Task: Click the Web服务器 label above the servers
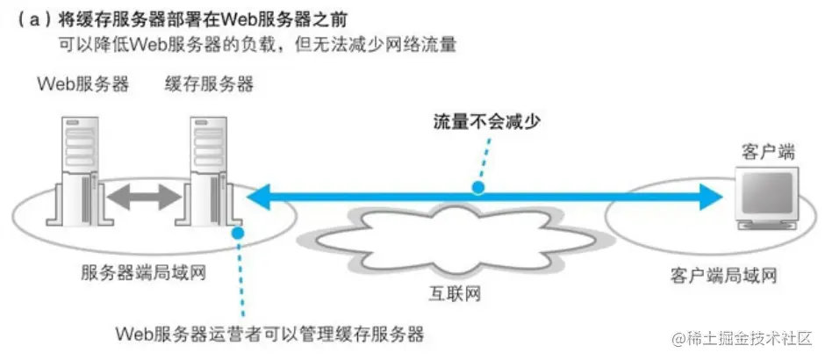(x=83, y=85)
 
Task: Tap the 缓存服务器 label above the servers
(x=209, y=85)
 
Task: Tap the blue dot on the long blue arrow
(x=477, y=187)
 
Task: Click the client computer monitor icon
(x=763, y=196)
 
